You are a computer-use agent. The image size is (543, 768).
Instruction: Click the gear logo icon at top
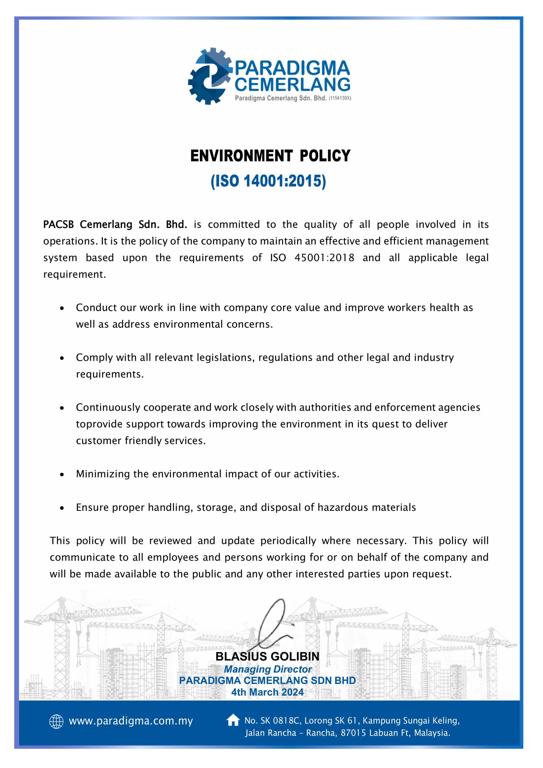pyautogui.click(x=209, y=76)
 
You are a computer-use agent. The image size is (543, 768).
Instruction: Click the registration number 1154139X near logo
pyautogui.click(x=340, y=98)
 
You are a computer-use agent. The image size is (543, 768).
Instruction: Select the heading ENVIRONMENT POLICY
pyautogui.click(x=270, y=156)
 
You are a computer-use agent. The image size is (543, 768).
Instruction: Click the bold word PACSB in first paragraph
pyautogui.click(x=58, y=224)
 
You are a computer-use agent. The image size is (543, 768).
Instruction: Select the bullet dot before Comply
pyautogui.click(x=62, y=358)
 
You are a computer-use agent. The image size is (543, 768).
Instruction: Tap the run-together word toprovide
pyautogui.click(x=98, y=424)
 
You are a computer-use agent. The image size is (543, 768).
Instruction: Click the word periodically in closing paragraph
pyautogui.click(x=288, y=541)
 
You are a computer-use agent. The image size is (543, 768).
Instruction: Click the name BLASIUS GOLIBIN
pyautogui.click(x=267, y=657)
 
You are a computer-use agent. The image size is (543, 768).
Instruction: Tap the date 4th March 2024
pyautogui.click(x=267, y=692)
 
